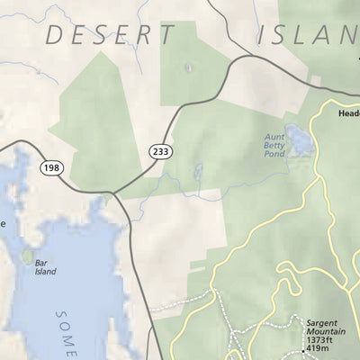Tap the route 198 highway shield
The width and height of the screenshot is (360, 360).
[49, 166]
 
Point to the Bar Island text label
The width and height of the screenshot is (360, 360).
[45, 267]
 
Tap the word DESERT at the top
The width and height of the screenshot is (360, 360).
[110, 36]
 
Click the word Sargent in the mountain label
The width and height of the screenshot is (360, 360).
[321, 321]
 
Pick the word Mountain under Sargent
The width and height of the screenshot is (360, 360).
[323, 331]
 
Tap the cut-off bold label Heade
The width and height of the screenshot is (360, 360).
[348, 114]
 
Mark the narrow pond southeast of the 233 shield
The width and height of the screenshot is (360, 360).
[197, 171]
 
